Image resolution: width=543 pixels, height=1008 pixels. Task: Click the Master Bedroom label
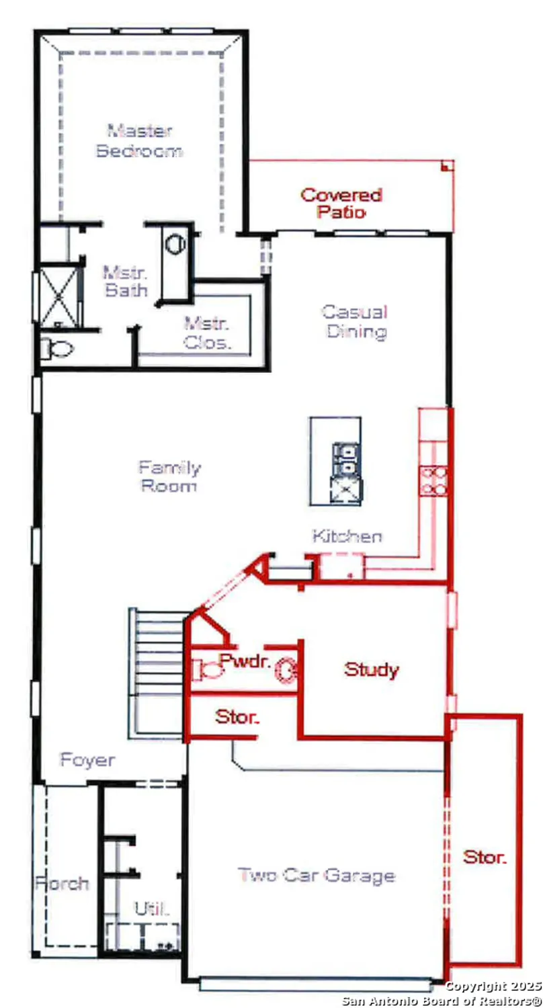140,140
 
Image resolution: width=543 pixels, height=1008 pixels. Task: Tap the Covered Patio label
341,204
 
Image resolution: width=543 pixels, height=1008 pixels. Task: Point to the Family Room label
169,476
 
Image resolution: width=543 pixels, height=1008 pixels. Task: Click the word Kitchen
347,536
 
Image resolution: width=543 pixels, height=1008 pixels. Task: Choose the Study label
372,669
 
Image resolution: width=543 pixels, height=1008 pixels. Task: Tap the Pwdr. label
245,660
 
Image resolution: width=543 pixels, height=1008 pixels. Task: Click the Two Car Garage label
317,876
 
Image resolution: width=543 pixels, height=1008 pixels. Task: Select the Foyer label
87,761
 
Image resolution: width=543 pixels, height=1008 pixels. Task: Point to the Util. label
152,909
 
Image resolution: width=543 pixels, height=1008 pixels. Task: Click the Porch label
62,882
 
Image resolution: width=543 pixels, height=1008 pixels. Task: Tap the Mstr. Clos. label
208,333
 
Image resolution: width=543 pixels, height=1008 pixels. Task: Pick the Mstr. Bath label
125,282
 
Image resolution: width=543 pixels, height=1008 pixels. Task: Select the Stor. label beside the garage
485,857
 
